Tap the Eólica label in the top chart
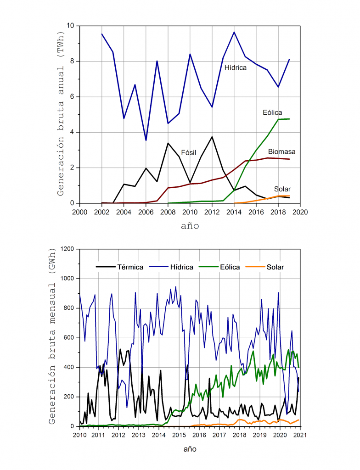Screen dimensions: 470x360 [272, 112]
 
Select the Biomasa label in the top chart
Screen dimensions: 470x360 [281, 151]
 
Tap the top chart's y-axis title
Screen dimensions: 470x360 [61, 114]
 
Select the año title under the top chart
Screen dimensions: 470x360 [189, 226]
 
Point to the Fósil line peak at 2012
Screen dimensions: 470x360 [212, 137]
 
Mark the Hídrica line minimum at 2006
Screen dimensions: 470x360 [146, 140]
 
